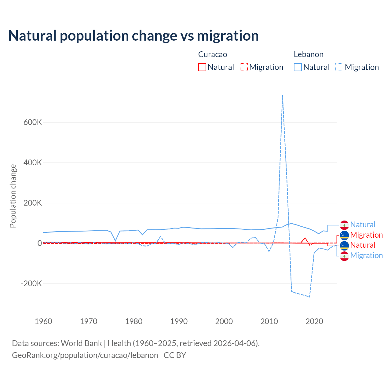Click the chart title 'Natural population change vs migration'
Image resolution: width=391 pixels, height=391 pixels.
[x=133, y=36]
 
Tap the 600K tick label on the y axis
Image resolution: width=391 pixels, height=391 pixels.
[x=33, y=122]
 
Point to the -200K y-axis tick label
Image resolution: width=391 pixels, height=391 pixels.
[x=31, y=283]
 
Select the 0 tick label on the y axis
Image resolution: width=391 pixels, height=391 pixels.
[x=39, y=243]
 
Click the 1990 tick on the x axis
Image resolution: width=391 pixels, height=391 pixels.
[x=179, y=321]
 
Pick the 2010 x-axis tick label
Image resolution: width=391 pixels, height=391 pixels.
[x=269, y=321]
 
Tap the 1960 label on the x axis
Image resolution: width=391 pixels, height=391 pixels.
[x=43, y=321]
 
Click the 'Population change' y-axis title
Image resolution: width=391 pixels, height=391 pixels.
[x=13, y=196]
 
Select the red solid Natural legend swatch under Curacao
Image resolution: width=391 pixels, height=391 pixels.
[x=202, y=67]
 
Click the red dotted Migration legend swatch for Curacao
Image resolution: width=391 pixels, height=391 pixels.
[x=244, y=67]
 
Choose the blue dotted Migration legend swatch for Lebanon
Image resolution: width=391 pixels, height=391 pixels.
[x=339, y=67]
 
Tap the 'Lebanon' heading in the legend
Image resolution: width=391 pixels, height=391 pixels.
[x=309, y=54]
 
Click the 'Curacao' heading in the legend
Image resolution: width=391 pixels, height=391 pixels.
[x=213, y=54]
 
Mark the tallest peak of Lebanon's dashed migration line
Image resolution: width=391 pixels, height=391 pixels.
[x=283, y=96]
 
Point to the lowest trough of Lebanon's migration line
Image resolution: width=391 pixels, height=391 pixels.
[x=309, y=297]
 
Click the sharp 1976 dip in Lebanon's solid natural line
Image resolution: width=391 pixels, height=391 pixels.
[x=115, y=241]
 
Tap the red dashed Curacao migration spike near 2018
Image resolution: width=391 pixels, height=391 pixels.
[x=305, y=238]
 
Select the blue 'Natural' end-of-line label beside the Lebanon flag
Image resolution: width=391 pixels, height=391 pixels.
[x=363, y=225]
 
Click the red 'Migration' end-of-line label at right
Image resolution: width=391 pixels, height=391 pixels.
[x=366, y=235]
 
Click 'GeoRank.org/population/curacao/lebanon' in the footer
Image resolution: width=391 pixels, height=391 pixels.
[x=85, y=355]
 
